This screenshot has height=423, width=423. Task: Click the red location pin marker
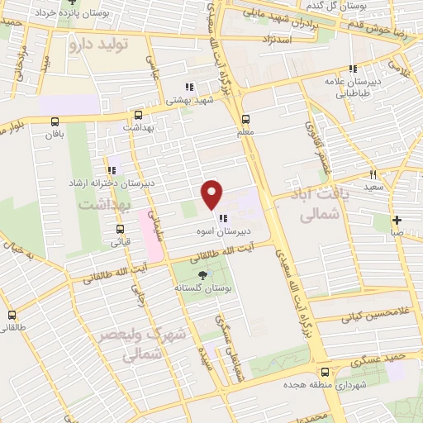tap(212, 193)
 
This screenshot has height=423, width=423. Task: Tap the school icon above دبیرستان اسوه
tap(223, 218)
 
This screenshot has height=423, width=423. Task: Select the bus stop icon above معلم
tap(246, 117)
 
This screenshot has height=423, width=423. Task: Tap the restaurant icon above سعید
tap(373, 174)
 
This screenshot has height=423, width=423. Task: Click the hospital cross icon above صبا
tap(397, 220)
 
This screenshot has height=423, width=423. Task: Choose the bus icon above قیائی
tap(121, 230)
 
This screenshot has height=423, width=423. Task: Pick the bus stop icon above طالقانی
tap(12, 315)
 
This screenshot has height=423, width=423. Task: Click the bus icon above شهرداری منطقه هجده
tap(325, 372)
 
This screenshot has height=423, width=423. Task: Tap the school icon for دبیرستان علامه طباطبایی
tap(353, 69)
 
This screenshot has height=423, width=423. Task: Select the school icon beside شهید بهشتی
tap(189, 86)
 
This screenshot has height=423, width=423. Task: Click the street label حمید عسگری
tap(377, 360)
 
